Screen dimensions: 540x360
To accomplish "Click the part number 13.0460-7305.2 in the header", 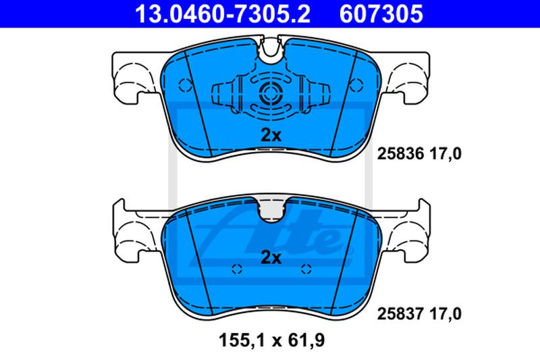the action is [x=223, y=14].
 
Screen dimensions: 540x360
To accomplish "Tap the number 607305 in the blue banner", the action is [x=381, y=14].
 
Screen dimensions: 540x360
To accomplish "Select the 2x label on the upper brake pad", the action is [x=271, y=135].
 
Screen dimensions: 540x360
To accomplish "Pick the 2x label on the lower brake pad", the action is [x=271, y=257].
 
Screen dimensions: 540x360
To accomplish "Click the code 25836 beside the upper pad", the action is [x=400, y=153].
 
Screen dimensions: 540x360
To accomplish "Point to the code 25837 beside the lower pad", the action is [x=400, y=314].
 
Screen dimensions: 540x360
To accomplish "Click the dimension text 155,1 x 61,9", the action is [x=272, y=340].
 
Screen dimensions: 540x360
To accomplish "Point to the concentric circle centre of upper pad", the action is [x=271, y=93].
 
